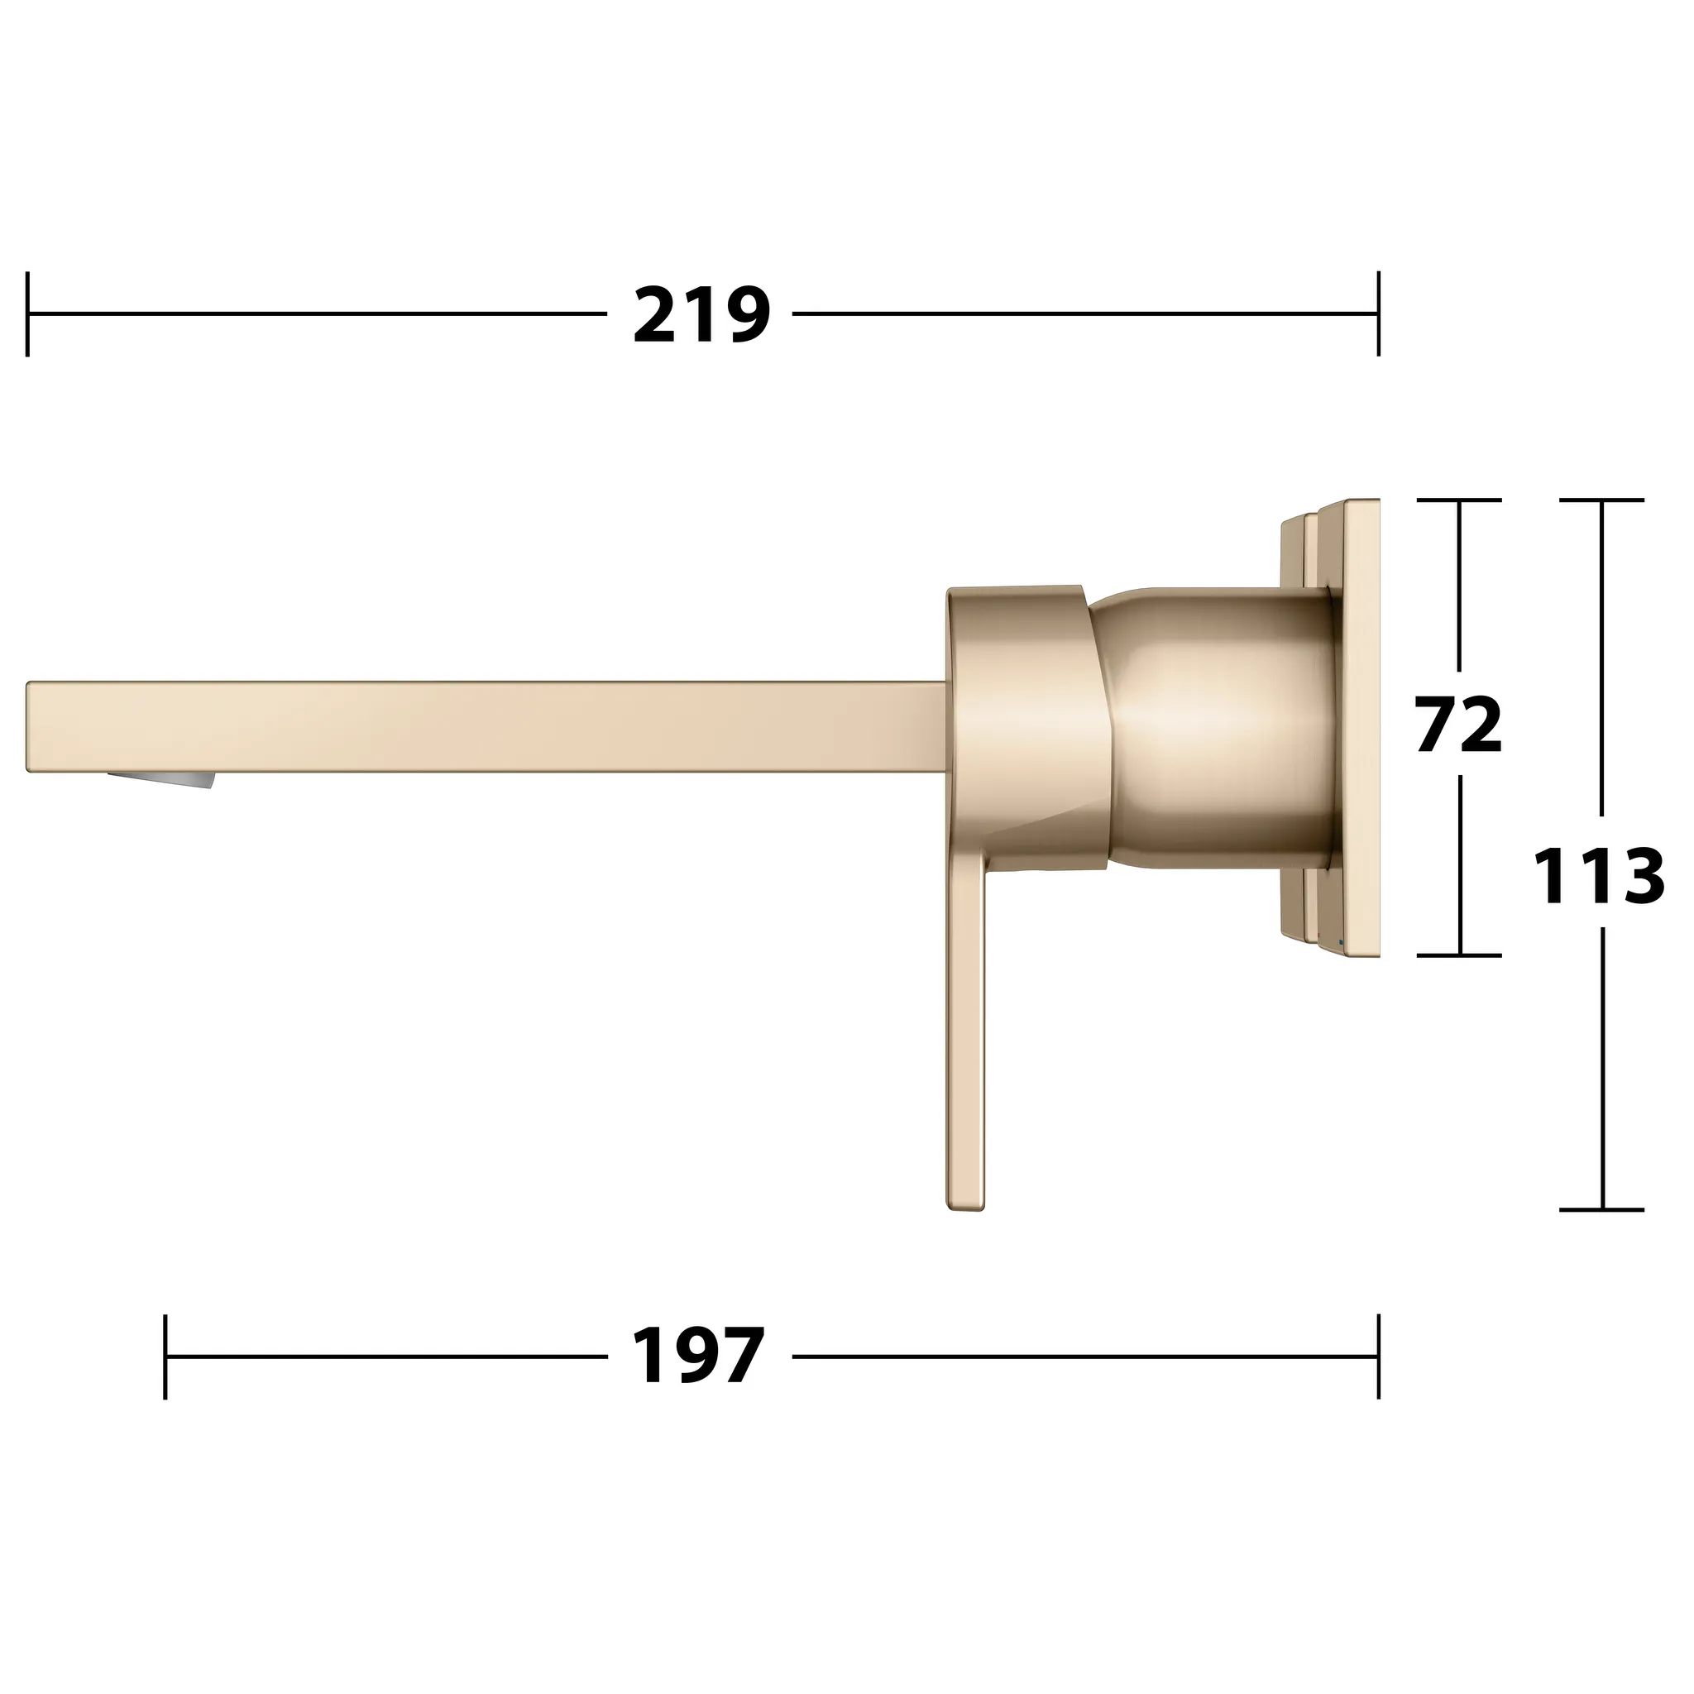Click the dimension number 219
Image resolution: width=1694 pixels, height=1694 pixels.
point(701,315)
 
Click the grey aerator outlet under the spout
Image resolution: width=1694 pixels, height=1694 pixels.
point(161,779)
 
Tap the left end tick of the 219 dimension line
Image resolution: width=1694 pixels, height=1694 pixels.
point(28,313)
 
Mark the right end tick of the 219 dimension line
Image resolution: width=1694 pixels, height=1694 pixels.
point(1378,313)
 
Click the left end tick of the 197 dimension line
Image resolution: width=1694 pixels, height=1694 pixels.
point(165,1356)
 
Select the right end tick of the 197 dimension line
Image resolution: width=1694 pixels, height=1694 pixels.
point(1378,1356)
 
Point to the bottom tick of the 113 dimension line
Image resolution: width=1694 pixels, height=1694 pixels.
point(1602,1209)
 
